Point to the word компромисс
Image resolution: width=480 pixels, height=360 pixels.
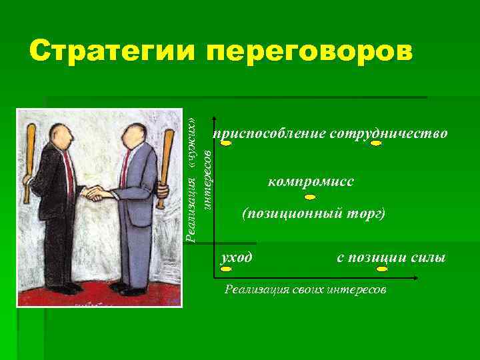click(x=311, y=181)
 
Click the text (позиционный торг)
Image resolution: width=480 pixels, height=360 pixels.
click(x=313, y=214)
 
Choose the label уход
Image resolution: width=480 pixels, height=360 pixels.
click(x=237, y=257)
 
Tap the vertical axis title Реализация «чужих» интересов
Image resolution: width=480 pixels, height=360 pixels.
click(x=199, y=177)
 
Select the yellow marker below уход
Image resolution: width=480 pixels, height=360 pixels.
click(x=225, y=269)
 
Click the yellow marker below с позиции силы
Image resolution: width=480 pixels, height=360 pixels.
click(x=382, y=269)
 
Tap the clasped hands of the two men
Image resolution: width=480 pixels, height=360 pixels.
click(x=97, y=194)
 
